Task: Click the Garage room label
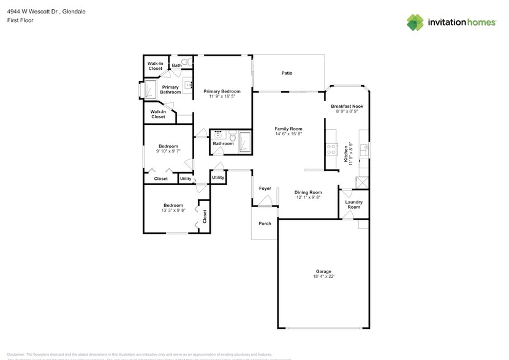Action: coord(323,271)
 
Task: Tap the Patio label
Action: coord(287,73)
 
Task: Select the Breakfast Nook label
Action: coord(347,106)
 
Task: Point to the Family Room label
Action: coord(288,129)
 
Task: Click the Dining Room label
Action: coord(308,192)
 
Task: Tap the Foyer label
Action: coord(265,189)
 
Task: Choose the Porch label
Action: coord(265,223)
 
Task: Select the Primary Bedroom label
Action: coord(222,91)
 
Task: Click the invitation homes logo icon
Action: coord(416,23)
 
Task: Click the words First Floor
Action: coord(21,20)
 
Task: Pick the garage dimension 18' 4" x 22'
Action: coord(323,277)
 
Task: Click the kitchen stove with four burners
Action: coord(331,148)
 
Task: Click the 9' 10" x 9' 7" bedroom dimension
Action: coord(168,152)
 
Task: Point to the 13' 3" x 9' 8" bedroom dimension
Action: coord(173,211)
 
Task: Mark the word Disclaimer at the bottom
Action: coord(17,354)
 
